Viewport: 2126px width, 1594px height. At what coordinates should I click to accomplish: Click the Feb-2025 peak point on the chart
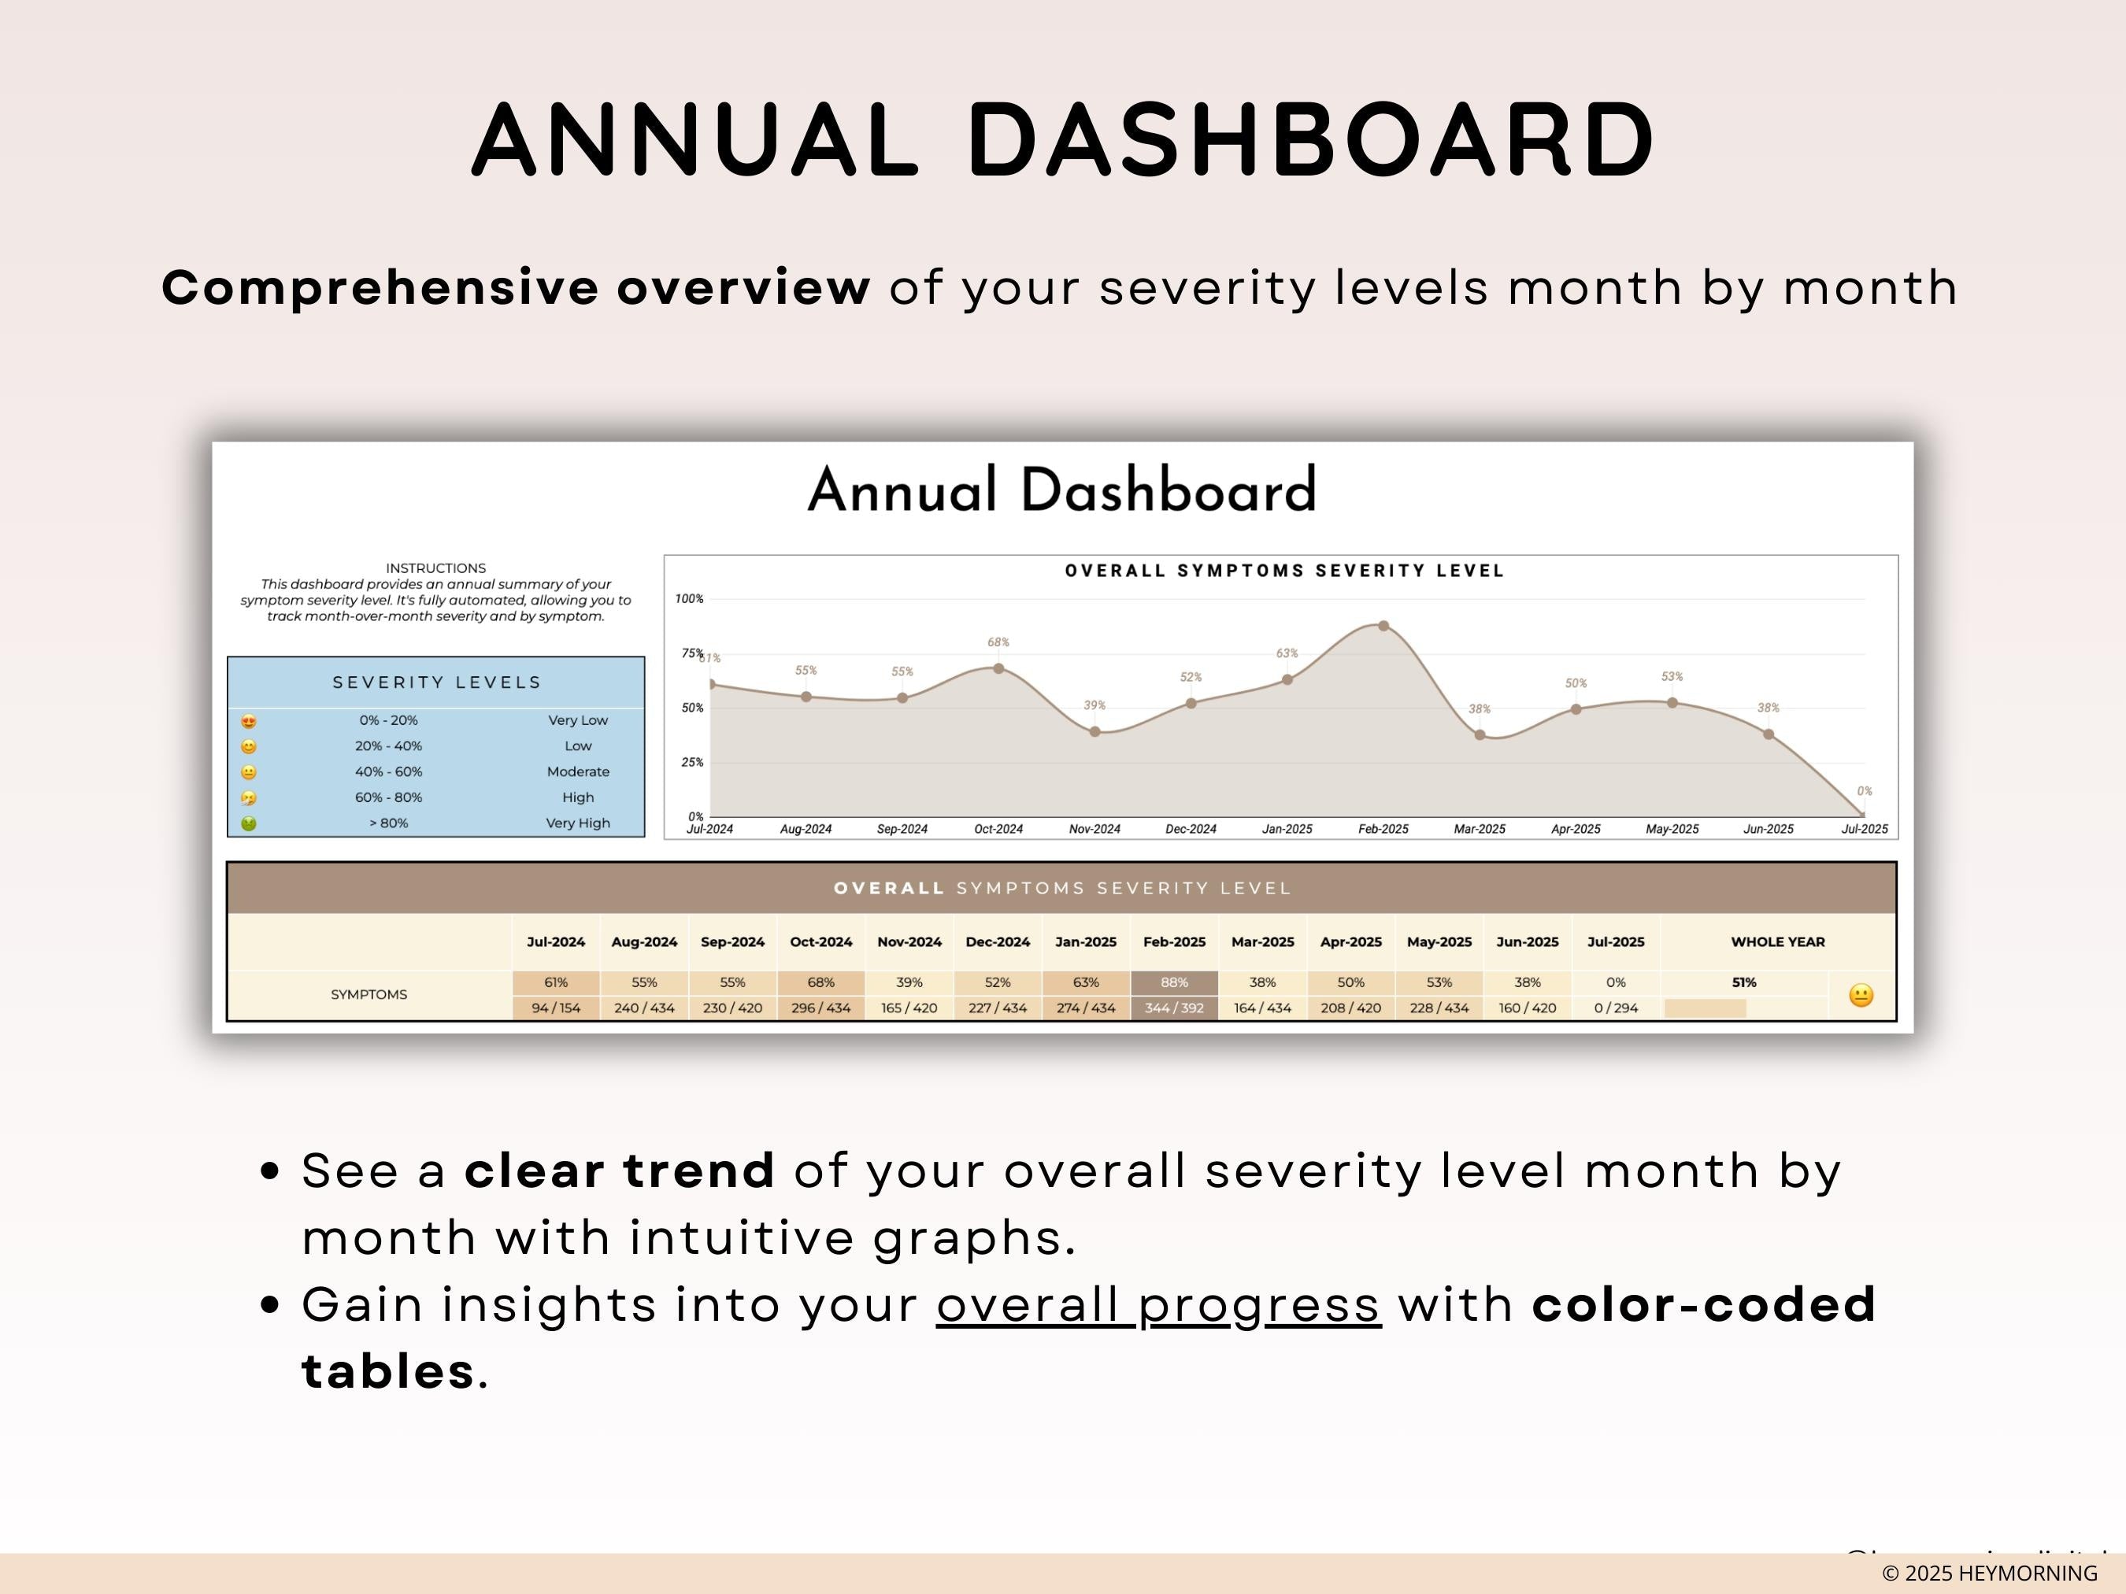point(1383,626)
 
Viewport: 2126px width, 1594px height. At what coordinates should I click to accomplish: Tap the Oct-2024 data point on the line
point(998,669)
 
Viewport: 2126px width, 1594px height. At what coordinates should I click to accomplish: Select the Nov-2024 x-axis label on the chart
point(1094,829)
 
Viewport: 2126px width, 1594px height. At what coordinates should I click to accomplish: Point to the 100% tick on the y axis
point(689,598)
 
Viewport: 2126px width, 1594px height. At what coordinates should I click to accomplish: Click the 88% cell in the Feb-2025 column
point(1175,982)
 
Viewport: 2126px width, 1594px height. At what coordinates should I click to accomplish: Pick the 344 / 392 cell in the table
point(1175,1008)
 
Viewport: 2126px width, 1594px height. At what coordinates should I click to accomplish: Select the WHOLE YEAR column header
point(1777,941)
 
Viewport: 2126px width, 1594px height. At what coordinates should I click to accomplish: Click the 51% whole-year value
point(1743,982)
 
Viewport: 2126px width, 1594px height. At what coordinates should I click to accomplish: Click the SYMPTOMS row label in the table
point(369,994)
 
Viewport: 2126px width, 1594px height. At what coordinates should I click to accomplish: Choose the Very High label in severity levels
point(578,823)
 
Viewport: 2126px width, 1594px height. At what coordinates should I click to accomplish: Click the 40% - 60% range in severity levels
point(388,771)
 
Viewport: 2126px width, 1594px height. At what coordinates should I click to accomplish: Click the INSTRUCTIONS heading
point(435,568)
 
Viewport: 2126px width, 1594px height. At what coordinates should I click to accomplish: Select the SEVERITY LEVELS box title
point(436,682)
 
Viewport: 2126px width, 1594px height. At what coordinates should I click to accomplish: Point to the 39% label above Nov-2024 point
point(1094,705)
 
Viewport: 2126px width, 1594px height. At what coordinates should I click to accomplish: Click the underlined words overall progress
point(1158,1305)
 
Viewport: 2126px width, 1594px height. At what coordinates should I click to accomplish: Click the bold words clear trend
point(620,1171)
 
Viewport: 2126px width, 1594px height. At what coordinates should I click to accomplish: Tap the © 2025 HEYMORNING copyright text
point(1990,1573)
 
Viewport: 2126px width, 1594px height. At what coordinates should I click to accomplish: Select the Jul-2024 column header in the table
point(556,941)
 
